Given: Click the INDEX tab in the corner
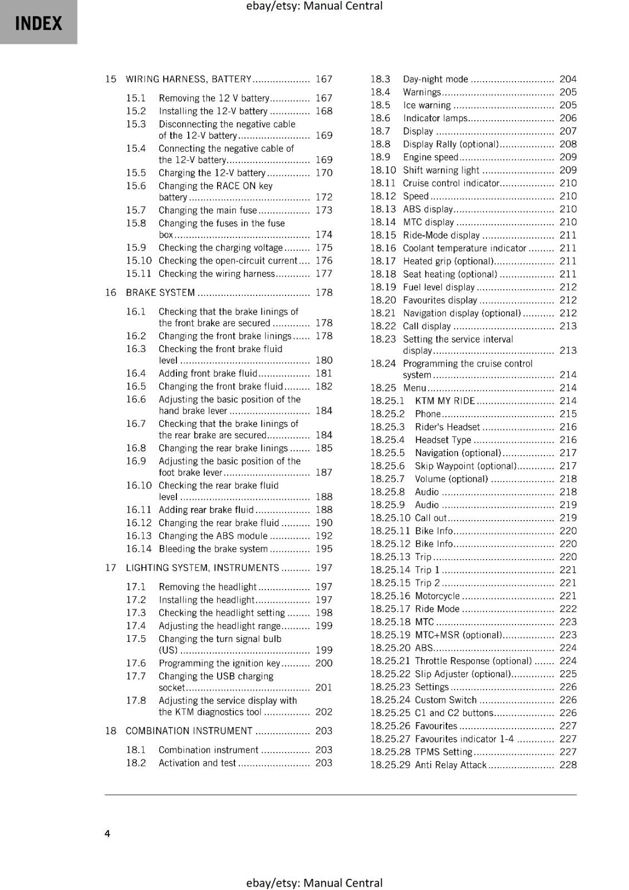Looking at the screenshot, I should click(38, 23).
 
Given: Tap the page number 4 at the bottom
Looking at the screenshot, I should click(107, 833).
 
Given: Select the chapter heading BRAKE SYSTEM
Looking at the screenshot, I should click(160, 293).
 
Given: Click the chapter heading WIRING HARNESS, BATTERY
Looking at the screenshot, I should click(189, 79).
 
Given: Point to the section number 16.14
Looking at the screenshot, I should click(139, 549).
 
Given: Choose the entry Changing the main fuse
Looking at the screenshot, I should click(208, 210).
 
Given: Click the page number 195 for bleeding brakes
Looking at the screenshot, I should click(323, 549).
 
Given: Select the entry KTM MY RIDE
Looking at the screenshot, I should click(445, 401).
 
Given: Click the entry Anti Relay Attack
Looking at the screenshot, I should click(451, 765).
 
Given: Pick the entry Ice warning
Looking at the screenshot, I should click(427, 105).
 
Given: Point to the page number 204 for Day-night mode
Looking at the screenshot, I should click(568, 79).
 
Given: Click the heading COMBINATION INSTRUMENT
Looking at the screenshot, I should click(189, 731).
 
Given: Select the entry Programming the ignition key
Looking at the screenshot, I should click(219, 663).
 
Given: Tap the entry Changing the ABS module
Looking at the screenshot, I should click(213, 536).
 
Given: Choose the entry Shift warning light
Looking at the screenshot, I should click(441, 170).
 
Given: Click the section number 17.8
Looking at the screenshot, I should click(136, 700).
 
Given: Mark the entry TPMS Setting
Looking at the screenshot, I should click(443, 752).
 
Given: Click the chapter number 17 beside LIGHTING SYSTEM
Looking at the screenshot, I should click(110, 568).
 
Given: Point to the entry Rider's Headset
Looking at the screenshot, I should click(447, 427).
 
